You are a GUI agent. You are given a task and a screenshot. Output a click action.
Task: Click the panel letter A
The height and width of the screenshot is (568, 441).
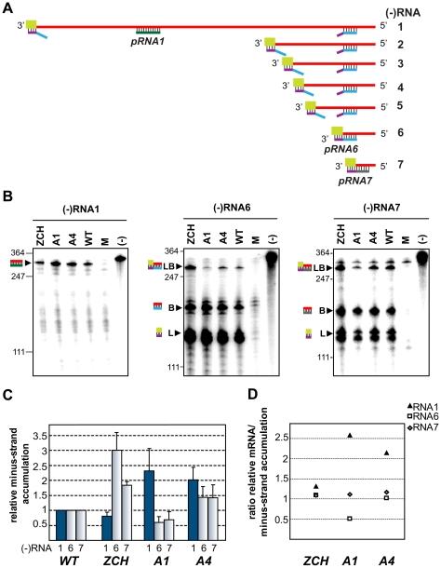[7, 7]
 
